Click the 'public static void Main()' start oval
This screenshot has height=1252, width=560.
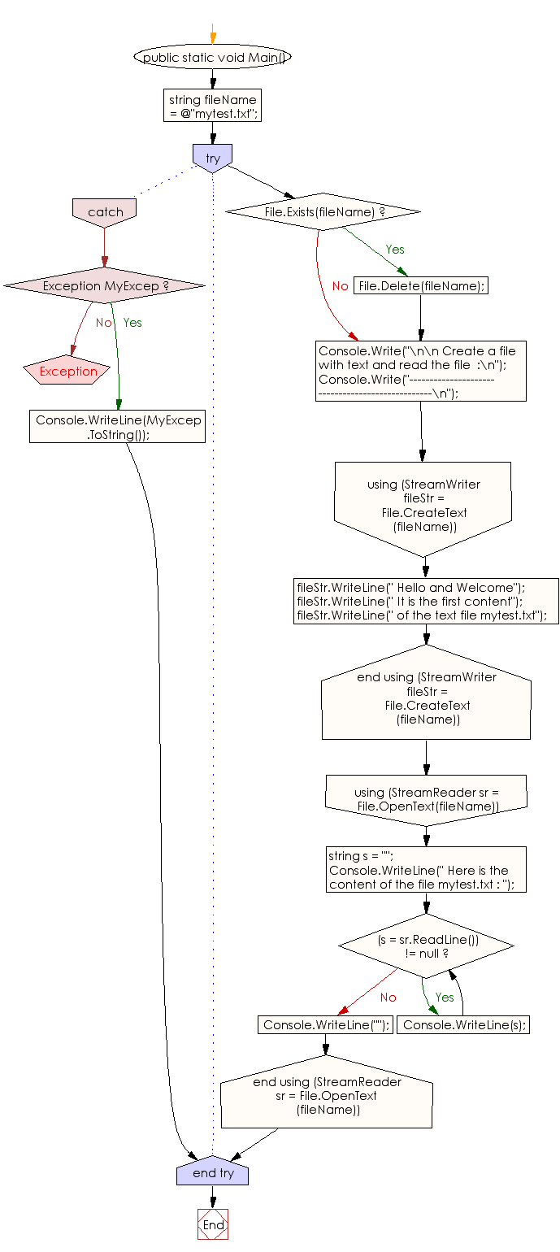pyautogui.click(x=212, y=57)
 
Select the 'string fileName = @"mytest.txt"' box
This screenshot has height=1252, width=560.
pyautogui.click(x=212, y=106)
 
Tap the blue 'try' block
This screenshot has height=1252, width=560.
pyautogui.click(x=212, y=158)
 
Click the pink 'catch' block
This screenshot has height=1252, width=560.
pyautogui.click(x=105, y=211)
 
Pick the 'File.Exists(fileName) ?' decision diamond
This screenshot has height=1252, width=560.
pyautogui.click(x=323, y=211)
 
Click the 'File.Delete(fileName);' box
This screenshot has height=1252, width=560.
pyautogui.click(x=421, y=285)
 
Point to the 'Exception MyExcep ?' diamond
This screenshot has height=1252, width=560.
pyautogui.click(x=105, y=285)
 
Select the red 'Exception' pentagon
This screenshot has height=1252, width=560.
pyautogui.click(x=68, y=371)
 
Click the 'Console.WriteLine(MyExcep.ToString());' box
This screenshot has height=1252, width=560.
pyautogui.click(x=118, y=427)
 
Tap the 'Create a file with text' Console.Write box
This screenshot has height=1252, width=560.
pyautogui.click(x=421, y=372)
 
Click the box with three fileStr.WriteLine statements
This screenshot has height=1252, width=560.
pyautogui.click(x=426, y=601)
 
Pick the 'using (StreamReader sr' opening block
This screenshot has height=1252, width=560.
pyautogui.click(x=426, y=798)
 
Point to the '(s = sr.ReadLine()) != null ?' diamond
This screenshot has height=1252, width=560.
pyautogui.click(x=427, y=945)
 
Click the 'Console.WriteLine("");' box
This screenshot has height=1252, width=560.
pyautogui.click(x=325, y=1024)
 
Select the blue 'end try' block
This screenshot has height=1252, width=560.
pyautogui.click(x=212, y=1172)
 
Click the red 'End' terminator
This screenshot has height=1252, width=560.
pyautogui.click(x=213, y=1224)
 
